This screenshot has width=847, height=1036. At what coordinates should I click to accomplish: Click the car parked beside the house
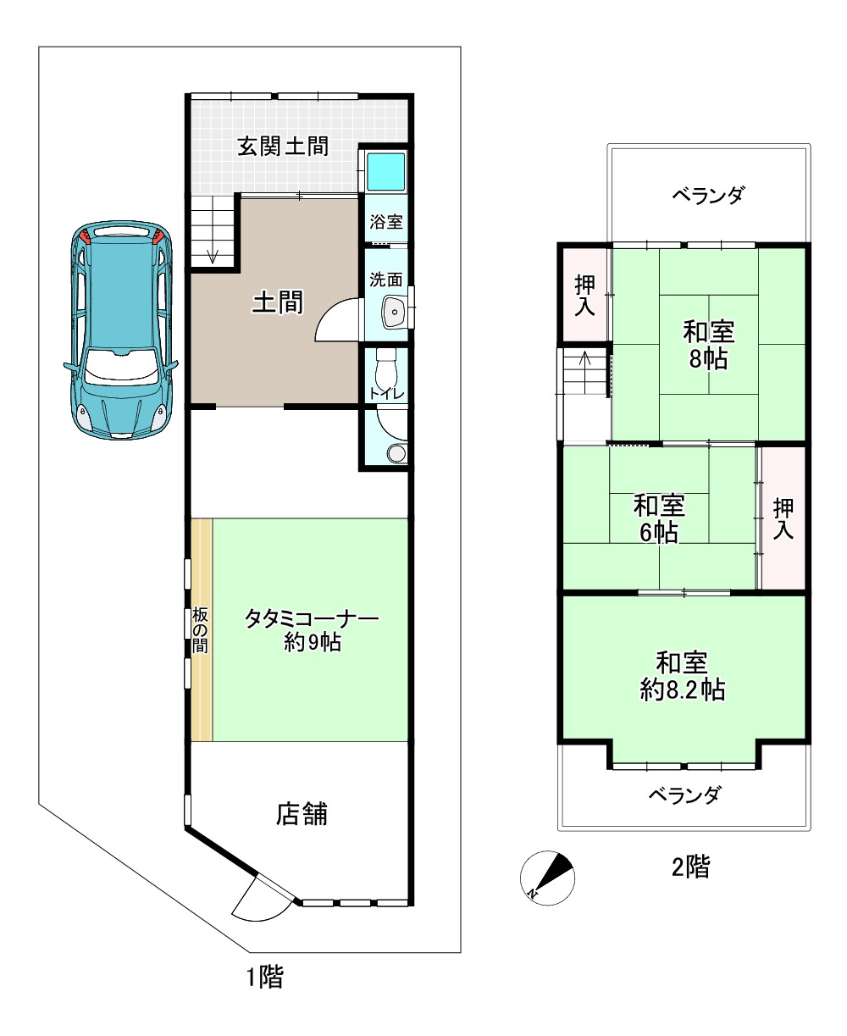coord(119,330)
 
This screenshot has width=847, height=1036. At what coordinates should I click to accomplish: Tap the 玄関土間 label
coord(282,146)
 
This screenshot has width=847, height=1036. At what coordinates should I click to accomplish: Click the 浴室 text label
coord(386,223)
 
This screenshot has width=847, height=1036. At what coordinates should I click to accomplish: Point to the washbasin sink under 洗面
coord(394,313)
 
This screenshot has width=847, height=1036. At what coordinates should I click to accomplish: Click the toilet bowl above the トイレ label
coord(386,366)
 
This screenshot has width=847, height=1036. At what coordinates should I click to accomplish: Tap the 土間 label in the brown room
coord(278,302)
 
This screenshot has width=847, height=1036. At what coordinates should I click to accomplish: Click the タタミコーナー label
coord(311,619)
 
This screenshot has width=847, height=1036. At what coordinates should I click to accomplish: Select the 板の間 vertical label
coord(200,630)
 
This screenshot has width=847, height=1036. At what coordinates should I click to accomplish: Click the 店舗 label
coord(302,815)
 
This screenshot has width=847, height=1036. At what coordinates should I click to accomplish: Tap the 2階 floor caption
coord(690,867)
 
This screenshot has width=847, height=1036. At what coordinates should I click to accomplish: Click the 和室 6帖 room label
coord(659,520)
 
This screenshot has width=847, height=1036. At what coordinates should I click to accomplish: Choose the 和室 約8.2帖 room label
coord(682,675)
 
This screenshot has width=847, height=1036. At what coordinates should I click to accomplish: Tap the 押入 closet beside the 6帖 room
coord(783,518)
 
